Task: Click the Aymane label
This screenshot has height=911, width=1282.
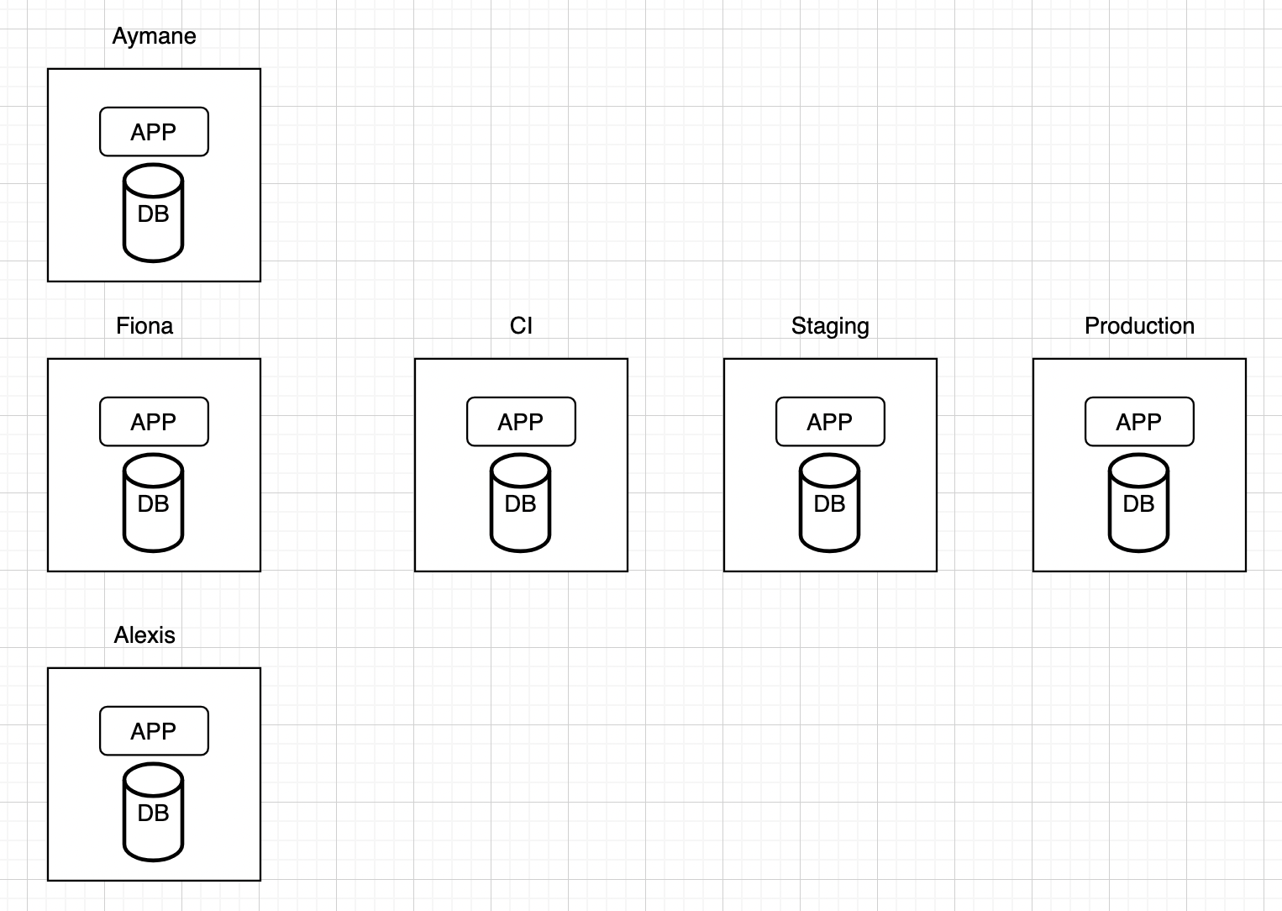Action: pyautogui.click(x=154, y=36)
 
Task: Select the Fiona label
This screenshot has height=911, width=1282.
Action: pyautogui.click(x=144, y=326)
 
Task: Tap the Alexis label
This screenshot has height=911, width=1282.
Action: pyautogui.click(x=144, y=635)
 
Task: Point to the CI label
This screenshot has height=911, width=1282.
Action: pyautogui.click(x=521, y=326)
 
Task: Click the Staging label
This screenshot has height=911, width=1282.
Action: pyautogui.click(x=830, y=326)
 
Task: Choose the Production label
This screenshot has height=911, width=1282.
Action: pyautogui.click(x=1139, y=326)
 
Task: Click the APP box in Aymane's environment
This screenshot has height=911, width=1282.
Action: pyautogui.click(x=154, y=132)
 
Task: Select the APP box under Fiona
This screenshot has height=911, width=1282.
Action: pyautogui.click(x=154, y=422)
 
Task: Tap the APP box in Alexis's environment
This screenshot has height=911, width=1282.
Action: pyautogui.click(x=154, y=731)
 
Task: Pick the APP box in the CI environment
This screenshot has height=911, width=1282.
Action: pyautogui.click(x=521, y=422)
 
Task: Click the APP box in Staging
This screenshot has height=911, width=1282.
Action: pyautogui.click(x=830, y=422)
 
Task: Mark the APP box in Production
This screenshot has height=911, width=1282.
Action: pyautogui.click(x=1139, y=422)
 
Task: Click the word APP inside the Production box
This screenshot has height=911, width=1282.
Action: pyautogui.click(x=1139, y=422)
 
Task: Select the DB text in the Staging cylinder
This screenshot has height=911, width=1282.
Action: pyautogui.click(x=830, y=504)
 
